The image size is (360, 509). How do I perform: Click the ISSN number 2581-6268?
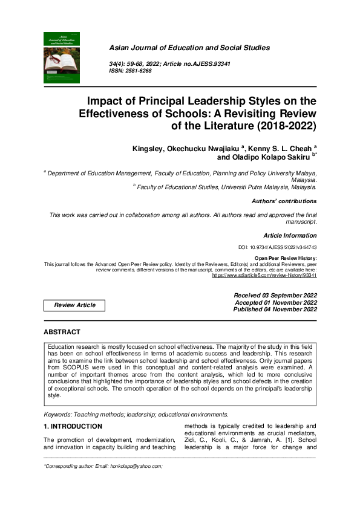tap(139, 71)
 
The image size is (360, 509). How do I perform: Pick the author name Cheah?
tap(298, 148)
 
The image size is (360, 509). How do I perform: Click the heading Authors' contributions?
tap(284, 201)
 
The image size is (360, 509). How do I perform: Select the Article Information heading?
tap(290, 235)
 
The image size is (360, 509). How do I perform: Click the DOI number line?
tap(278, 248)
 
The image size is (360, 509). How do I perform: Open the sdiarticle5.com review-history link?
tap(264, 275)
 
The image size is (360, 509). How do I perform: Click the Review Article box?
tap(75, 305)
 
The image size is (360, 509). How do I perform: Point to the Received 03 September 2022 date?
tap(275, 295)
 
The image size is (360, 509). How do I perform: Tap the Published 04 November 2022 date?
tap(275, 310)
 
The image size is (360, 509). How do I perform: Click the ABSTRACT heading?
tap(62, 332)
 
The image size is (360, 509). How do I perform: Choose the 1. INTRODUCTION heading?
tap(73, 427)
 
